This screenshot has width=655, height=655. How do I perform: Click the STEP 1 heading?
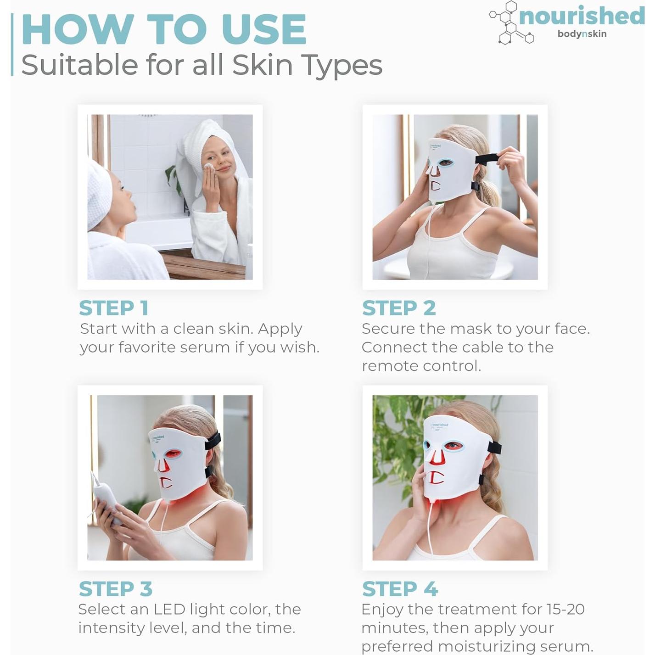click(x=113, y=308)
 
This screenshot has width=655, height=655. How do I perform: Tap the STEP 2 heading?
click(x=398, y=308)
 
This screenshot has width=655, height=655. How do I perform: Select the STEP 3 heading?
click(x=115, y=589)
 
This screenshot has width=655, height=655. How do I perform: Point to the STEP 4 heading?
click(x=399, y=589)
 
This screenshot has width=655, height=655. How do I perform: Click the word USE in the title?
click(x=263, y=30)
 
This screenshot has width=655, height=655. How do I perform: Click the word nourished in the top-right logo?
click(x=582, y=16)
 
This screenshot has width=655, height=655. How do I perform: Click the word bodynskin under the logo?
click(x=582, y=34)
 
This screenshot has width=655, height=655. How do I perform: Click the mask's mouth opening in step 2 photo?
click(x=435, y=186)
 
